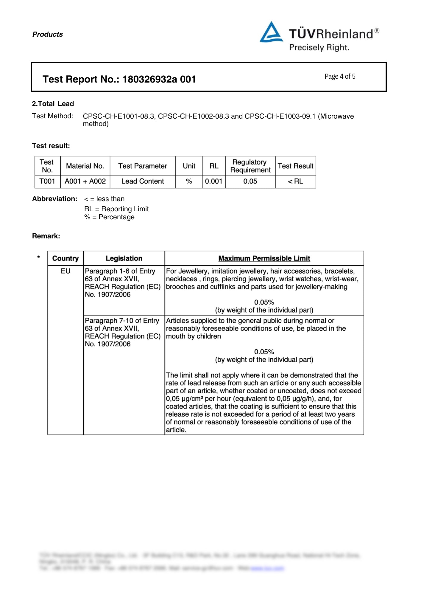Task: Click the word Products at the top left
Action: [48, 34]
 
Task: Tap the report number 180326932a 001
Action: [159, 79]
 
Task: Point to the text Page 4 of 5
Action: [340, 77]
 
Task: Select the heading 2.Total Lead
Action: [53, 104]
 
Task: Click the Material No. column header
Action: [85, 166]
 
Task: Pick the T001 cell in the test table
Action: [47, 181]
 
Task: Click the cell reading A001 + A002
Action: [85, 181]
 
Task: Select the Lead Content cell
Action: [143, 181]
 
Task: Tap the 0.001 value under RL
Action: [213, 181]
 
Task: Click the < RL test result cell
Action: [295, 181]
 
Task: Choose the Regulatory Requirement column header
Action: [250, 166]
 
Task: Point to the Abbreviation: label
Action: [55, 199]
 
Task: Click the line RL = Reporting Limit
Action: [116, 209]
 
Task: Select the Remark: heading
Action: [46, 236]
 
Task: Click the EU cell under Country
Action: [66, 271]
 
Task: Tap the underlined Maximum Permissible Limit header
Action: [264, 258]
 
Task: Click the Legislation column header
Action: [124, 258]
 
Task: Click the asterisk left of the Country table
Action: [38, 257]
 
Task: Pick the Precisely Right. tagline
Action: [319, 48]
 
